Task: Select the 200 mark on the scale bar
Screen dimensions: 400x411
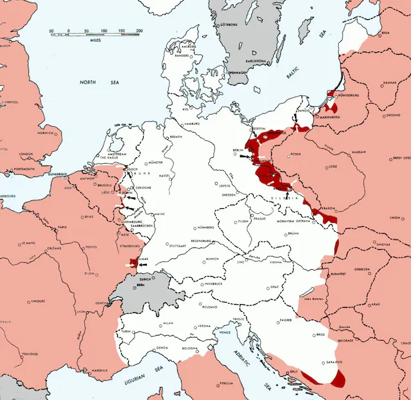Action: click(139, 30)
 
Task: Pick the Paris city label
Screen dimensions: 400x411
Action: click(62, 227)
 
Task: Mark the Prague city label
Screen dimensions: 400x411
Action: click(260, 218)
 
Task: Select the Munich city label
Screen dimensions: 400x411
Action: click(212, 259)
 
